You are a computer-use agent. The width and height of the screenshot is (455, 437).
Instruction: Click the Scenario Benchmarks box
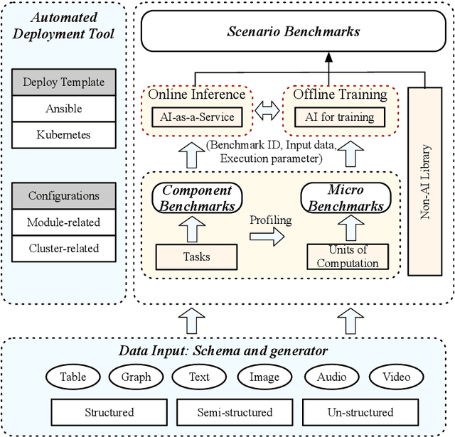(293, 31)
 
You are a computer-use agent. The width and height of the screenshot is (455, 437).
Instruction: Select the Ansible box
(63, 109)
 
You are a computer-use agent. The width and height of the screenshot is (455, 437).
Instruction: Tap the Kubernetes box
(63, 134)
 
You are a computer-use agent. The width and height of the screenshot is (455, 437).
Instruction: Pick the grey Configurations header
(63, 196)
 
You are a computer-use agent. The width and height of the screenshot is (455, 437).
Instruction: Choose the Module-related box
(63, 222)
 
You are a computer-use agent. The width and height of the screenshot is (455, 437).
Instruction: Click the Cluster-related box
(63, 248)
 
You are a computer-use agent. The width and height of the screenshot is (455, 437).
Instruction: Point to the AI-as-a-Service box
(193, 117)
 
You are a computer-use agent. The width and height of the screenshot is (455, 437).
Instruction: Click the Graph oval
(136, 377)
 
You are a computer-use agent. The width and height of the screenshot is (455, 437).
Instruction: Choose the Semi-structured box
(234, 411)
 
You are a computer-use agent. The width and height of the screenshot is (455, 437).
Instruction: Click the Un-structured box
(360, 411)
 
